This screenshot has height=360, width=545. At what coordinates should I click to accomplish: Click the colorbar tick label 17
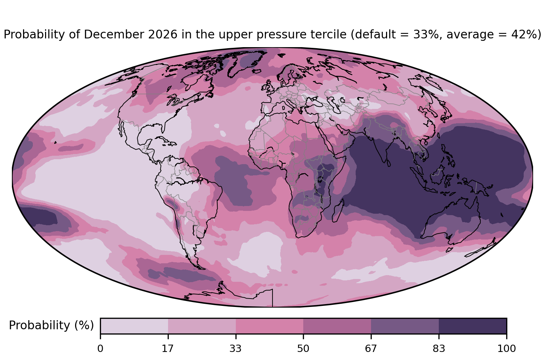[x=168, y=349]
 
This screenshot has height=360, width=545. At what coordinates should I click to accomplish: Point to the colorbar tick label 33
[x=235, y=349]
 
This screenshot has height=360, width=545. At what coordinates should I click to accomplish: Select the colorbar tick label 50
[x=303, y=349]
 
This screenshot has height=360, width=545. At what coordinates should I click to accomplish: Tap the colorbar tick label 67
[x=371, y=349]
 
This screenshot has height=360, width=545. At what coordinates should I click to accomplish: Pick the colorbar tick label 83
[x=439, y=349]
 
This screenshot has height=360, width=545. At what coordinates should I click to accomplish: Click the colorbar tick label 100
[x=507, y=349]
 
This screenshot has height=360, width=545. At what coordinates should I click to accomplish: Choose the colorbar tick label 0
[x=100, y=349]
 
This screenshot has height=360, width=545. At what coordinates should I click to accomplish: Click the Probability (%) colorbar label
[x=51, y=325]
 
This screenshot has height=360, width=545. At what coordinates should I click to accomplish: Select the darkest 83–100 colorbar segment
[x=473, y=326]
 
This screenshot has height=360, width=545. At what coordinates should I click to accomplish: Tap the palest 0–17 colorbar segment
[x=134, y=326]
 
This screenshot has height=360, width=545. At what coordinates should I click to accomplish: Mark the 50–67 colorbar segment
[x=337, y=326]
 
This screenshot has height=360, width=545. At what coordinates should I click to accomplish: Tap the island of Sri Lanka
[x=388, y=163]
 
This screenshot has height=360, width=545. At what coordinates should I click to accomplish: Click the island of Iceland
[x=256, y=71]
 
